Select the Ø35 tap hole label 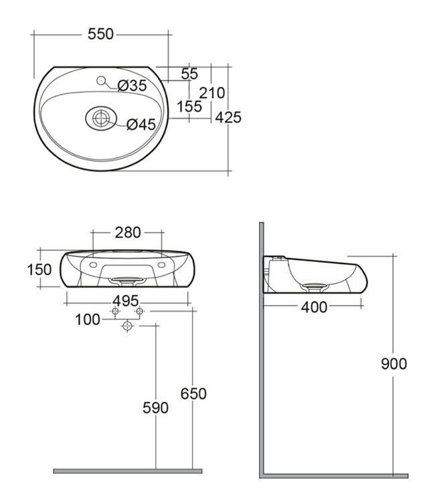point(132,85)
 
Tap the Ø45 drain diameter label point(141,124)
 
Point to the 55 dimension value point(189,74)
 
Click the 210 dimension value point(212,93)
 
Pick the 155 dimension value point(189,106)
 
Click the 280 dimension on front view point(128,233)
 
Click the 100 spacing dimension point(88,319)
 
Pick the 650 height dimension point(193,393)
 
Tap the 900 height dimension point(394,364)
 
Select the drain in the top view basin point(101,119)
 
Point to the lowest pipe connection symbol point(127,326)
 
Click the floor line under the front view point(127,471)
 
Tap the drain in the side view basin point(314,286)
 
